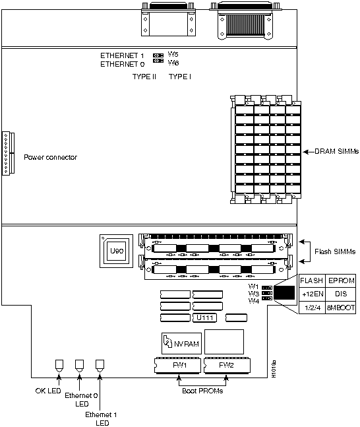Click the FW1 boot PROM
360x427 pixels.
click(x=178, y=364)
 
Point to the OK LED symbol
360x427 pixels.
click(x=59, y=365)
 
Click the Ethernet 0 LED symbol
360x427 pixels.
click(x=80, y=365)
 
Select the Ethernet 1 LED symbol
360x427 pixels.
click(x=101, y=365)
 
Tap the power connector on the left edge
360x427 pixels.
click(x=7, y=152)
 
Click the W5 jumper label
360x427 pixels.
click(x=173, y=55)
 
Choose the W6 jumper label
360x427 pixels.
click(x=173, y=63)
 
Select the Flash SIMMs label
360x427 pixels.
click(x=335, y=251)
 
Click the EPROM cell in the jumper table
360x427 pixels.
click(x=340, y=281)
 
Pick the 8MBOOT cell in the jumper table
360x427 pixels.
click(x=340, y=308)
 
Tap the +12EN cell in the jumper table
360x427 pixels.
click(x=311, y=295)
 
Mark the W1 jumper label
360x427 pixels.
click(x=253, y=286)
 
